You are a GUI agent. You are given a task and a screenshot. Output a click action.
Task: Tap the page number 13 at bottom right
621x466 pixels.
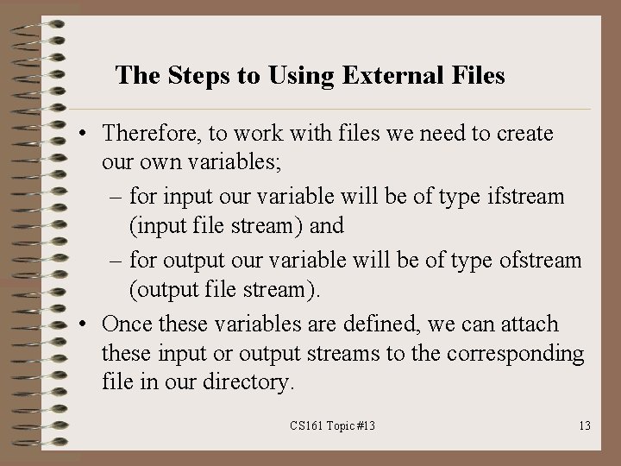584,425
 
